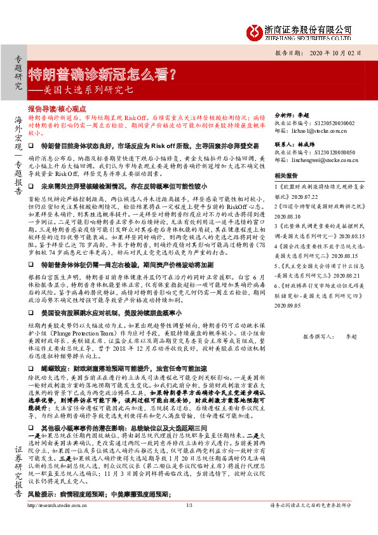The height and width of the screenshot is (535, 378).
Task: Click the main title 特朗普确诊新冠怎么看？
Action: (104, 72)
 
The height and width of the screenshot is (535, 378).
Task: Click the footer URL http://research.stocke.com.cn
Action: (58, 523)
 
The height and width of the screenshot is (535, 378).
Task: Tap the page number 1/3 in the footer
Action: (189, 523)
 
